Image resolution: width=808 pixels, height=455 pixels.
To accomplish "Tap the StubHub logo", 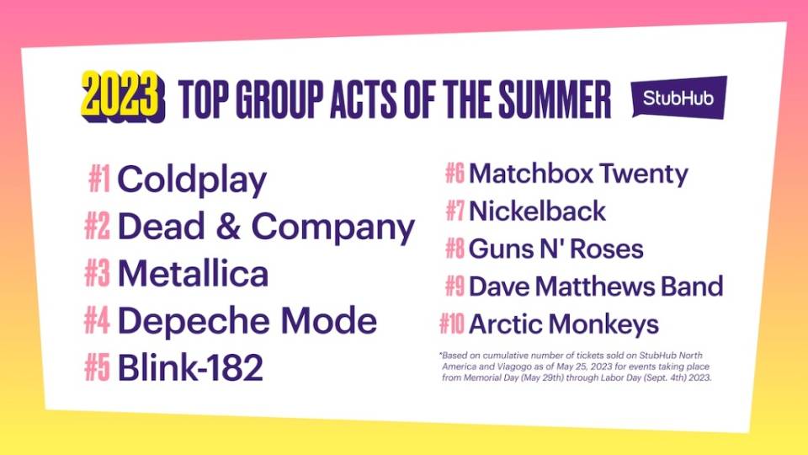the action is click(x=679, y=98).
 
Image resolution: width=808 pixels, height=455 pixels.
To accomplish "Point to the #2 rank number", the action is click(x=98, y=227).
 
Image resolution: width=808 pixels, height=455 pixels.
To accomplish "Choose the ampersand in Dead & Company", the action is click(x=228, y=226).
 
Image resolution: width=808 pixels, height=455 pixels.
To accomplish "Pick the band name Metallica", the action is click(x=194, y=273).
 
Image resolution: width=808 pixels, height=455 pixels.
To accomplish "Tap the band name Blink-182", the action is click(x=191, y=367).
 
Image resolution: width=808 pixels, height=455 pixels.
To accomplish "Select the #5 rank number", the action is click(x=98, y=367).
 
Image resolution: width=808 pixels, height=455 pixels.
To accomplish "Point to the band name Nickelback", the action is click(x=538, y=211).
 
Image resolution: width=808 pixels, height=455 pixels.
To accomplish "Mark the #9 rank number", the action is click(x=455, y=286).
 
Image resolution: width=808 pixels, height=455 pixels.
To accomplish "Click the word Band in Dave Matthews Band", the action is click(x=692, y=286).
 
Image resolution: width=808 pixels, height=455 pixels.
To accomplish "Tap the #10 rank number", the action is click(x=452, y=324).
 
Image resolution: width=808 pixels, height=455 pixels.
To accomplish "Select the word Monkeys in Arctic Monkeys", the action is click(x=603, y=325).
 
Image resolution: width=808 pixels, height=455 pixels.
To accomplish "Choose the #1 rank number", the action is click(x=99, y=179).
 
